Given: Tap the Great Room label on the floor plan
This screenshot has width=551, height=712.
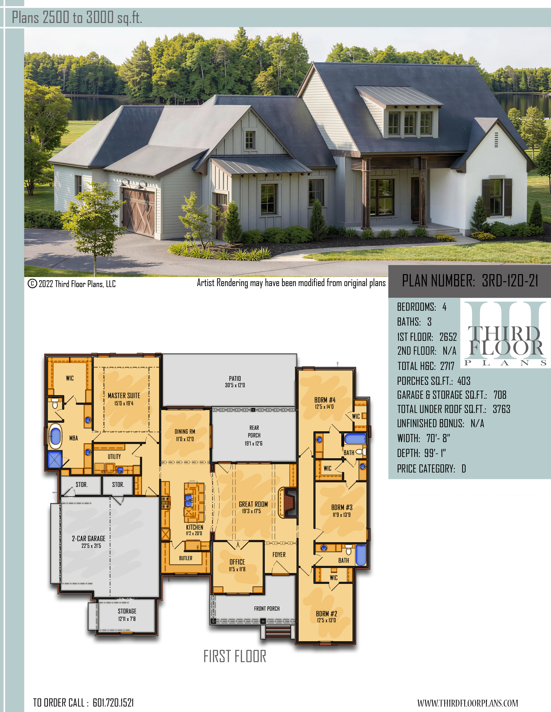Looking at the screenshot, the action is [x=253, y=504].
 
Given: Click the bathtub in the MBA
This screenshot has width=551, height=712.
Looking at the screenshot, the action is [x=55, y=436].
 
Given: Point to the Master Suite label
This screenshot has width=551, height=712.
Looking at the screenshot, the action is [x=124, y=395].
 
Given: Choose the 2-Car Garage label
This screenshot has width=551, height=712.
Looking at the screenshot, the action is [x=88, y=539].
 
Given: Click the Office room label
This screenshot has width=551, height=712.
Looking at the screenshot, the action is [x=237, y=562].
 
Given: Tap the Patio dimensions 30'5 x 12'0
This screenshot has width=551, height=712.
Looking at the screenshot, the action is [x=235, y=385].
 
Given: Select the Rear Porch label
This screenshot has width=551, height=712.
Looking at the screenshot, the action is [x=254, y=431].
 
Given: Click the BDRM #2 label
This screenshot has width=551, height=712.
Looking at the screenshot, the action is [x=326, y=614].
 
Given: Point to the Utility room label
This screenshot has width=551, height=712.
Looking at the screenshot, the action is [x=114, y=456].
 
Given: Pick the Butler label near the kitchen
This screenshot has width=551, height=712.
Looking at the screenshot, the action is [x=185, y=558].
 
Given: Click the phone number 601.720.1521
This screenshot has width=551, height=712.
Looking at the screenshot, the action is [x=113, y=703].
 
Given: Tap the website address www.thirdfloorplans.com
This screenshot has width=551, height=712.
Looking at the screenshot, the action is [x=467, y=703].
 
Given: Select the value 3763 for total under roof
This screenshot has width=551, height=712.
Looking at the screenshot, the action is [x=501, y=409].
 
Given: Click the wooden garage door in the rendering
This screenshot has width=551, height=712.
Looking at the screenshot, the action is [x=139, y=212].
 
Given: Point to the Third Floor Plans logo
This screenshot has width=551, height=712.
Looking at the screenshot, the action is [x=505, y=334].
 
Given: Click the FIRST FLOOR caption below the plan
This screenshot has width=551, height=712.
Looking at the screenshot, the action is [x=235, y=656].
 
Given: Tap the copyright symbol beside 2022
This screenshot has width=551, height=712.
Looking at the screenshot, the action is [x=32, y=284].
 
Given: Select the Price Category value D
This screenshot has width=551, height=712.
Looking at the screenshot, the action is [x=463, y=469].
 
